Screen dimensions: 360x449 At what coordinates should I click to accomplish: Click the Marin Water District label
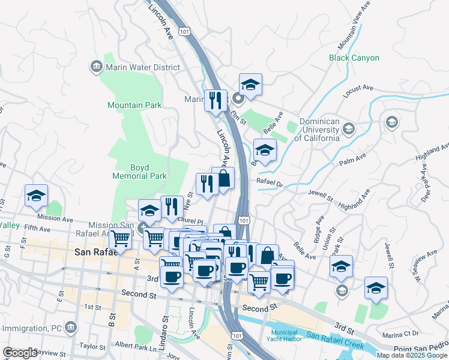click(143, 67)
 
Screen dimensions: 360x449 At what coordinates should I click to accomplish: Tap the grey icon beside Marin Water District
click(96, 66)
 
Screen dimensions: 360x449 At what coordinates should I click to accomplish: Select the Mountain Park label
click(134, 105)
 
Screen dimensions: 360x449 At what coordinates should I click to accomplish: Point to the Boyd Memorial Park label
click(139, 172)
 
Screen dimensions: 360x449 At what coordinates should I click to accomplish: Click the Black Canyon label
click(354, 58)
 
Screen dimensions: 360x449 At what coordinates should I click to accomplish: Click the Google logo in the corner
click(20, 353)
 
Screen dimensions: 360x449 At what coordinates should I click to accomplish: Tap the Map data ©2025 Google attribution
click(412, 355)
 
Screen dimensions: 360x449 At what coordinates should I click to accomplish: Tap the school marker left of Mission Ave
click(37, 196)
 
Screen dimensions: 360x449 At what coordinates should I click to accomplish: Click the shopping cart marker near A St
click(121, 239)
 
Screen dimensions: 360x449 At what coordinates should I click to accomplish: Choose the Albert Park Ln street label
click(136, 346)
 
